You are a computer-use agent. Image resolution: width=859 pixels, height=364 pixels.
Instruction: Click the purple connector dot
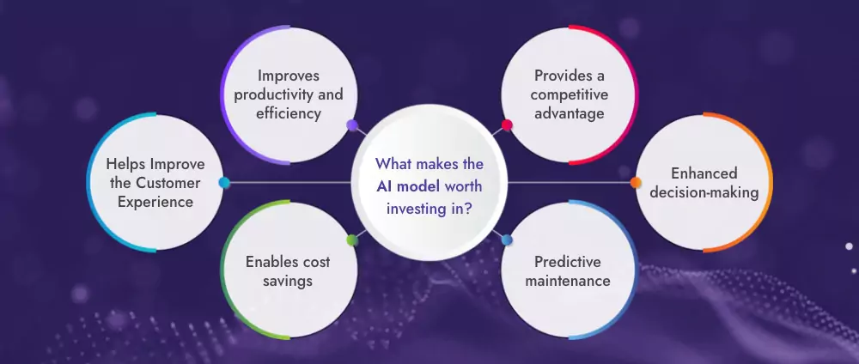pyautogui.click(x=351, y=125)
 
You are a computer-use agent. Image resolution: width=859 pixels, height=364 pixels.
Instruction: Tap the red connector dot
pyautogui.click(x=507, y=125)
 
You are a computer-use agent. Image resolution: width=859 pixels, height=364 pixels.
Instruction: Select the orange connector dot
pyautogui.click(x=636, y=182)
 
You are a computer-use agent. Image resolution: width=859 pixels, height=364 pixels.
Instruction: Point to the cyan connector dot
pyautogui.click(x=224, y=182)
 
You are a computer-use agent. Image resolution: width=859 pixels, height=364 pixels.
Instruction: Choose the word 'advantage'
pyautogui.click(x=568, y=112)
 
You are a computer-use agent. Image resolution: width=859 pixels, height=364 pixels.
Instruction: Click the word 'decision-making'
pyautogui.click(x=704, y=193)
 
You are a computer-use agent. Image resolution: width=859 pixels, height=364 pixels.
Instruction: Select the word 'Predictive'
pyautogui.click(x=568, y=261)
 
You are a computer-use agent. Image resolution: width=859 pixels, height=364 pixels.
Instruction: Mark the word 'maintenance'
pyautogui.click(x=568, y=281)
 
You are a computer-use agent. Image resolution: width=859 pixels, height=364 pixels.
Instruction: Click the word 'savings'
pyautogui.click(x=288, y=281)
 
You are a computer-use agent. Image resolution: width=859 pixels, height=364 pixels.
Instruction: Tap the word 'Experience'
pyautogui.click(x=156, y=203)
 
